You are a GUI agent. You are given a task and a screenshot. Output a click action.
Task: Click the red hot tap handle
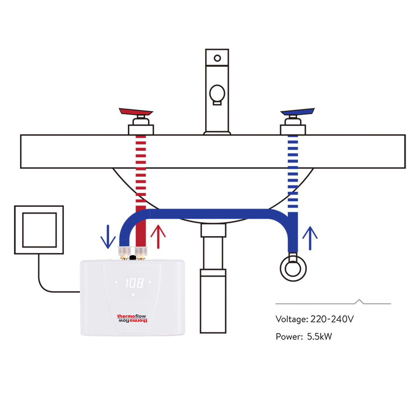pos(136,112)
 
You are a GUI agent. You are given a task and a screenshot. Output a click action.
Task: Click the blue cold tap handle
pos(297,112)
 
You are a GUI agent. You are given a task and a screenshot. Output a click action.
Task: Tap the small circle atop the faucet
pos(217,58)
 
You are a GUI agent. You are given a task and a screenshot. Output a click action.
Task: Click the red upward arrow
pos(158,236)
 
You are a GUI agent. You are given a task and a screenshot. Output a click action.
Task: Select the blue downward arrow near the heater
pos(108,237)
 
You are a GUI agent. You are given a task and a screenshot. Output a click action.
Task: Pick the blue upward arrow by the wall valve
pos(310,238)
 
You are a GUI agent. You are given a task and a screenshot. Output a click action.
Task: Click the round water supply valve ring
pos(293,269)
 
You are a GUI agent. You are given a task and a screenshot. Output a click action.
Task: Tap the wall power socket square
pos(39,230)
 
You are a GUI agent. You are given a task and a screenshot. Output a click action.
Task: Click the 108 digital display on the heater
pos(134,283)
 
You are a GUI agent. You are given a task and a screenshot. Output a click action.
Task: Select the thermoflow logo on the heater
pos(132,318)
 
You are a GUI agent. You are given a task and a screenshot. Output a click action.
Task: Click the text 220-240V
pos(332,319)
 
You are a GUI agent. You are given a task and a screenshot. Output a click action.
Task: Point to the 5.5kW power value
pos(319,337)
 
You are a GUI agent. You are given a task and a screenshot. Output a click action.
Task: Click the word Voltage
pos(292,319)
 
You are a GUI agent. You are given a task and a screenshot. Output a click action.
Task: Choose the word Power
pos(289,337)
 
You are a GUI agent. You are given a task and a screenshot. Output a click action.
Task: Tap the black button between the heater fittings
pos(132,258)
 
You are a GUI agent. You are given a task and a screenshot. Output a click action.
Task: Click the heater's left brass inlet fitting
pos(125,253)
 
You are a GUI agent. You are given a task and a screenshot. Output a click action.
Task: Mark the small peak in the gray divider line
pos(359,301)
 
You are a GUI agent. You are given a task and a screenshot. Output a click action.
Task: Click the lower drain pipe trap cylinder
pos(213,301)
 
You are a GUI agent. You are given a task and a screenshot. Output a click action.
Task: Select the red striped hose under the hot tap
pos(141,168)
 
